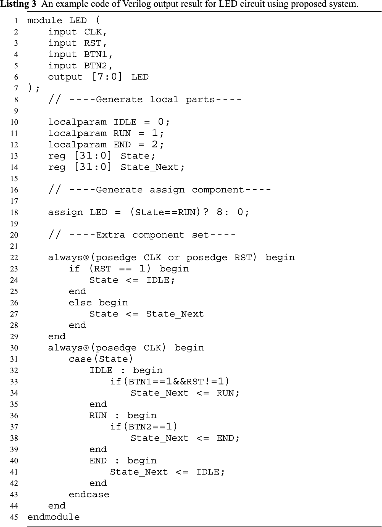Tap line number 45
pyautogui.click(x=14, y=517)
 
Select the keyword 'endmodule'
pyautogui.click(x=54, y=517)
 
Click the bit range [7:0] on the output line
pyautogui.click(x=107, y=77)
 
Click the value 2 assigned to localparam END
pyautogui.click(x=155, y=144)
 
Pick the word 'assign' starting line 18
pyautogui.click(x=65, y=212)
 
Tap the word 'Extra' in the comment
pyautogui.click(x=110, y=235)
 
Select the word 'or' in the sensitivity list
pyautogui.click(x=174, y=258)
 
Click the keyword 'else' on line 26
pyautogui.click(x=80, y=303)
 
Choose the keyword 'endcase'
pyautogui.click(x=89, y=494)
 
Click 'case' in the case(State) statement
pyautogui.click(x=80, y=359)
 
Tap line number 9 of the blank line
pyautogui.click(x=16, y=111)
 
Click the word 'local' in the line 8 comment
pyautogui.click(x=164, y=99)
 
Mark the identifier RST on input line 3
pyautogui.click(x=93, y=43)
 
